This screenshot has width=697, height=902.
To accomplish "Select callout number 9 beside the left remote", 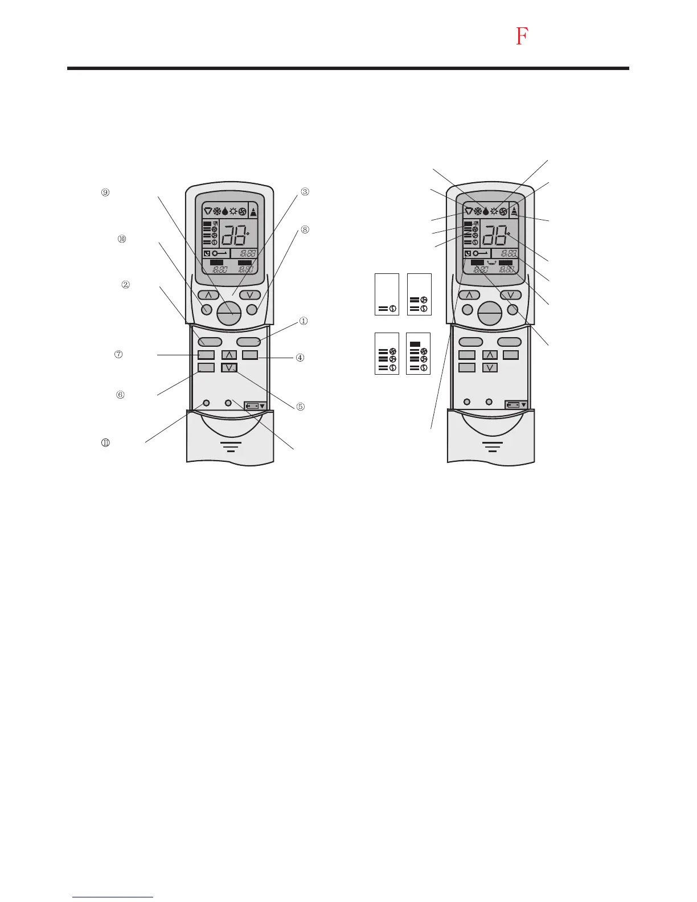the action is [105, 192].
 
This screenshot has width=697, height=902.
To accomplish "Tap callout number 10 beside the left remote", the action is [122, 239].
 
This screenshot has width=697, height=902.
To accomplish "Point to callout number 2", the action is [125, 284].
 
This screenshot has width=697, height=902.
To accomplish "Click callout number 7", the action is [118, 354].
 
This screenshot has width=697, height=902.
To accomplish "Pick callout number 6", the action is [120, 395].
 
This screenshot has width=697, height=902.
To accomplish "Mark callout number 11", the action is [105, 442].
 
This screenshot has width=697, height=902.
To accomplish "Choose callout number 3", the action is [305, 192].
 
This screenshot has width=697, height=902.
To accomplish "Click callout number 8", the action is [305, 229].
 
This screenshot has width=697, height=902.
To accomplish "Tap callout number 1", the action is [304, 321].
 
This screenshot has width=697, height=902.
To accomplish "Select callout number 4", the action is [300, 358].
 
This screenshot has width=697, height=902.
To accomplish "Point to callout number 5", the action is [300, 407].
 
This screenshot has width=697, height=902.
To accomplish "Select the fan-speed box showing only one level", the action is [387, 294].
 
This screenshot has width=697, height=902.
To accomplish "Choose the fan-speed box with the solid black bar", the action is [419, 354].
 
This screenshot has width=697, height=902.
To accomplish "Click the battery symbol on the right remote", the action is [516, 405].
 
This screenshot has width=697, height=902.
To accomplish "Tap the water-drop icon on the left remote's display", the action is [225, 211].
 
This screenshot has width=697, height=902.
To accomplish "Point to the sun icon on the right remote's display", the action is [494, 211].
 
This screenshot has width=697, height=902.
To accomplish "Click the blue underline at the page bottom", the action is [113, 897].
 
